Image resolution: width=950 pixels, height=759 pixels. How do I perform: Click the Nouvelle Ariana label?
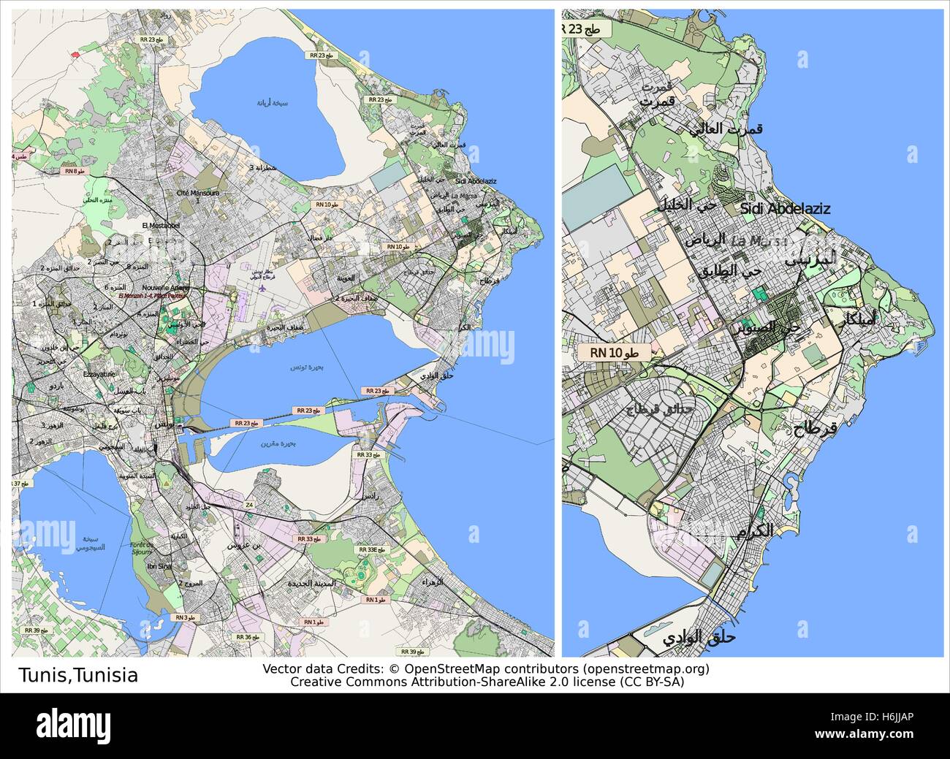(166, 288)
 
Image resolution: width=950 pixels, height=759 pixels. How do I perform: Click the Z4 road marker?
(249, 505)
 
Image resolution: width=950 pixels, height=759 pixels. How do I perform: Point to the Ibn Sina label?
(160, 566)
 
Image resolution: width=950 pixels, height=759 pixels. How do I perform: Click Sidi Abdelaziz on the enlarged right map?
(785, 209)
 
